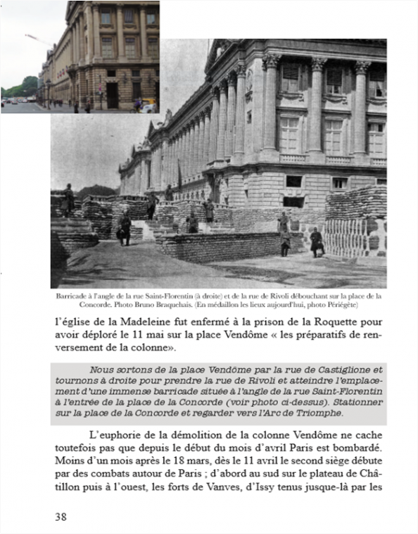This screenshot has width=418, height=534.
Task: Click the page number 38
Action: [61, 516]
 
